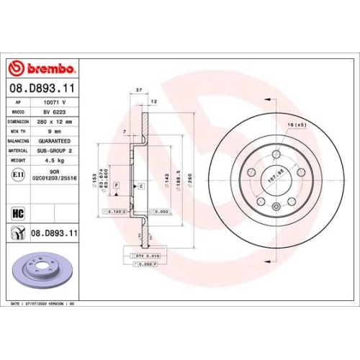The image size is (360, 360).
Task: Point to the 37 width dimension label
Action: [138, 90]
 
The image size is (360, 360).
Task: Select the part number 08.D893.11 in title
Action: [42, 89]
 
